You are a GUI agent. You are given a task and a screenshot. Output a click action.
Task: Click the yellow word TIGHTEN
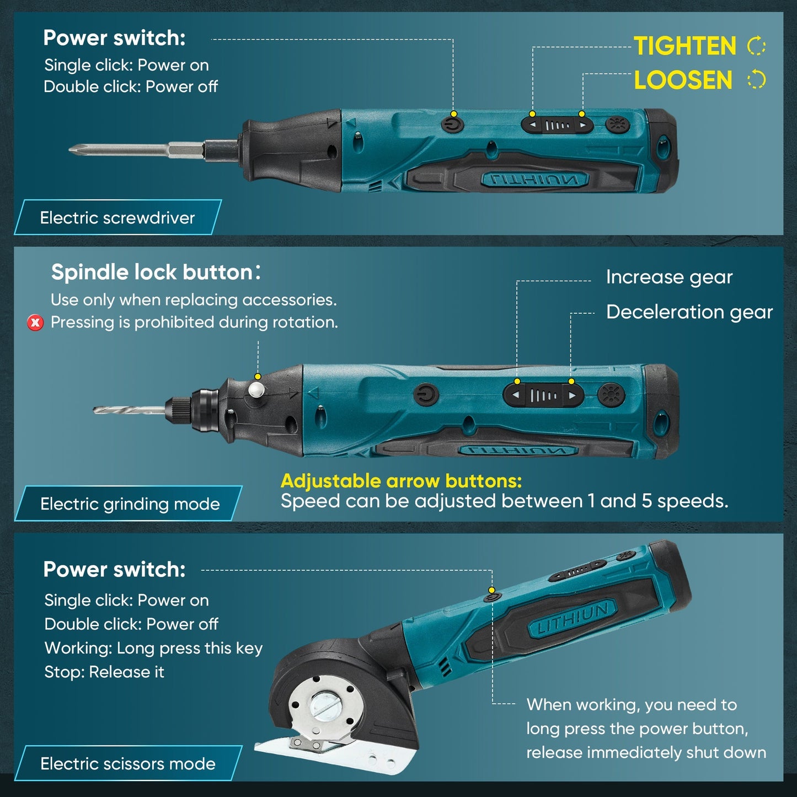click(x=684, y=46)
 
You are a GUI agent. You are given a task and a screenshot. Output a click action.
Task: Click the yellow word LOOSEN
click(x=683, y=81)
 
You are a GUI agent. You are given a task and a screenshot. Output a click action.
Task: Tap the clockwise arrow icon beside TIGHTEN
click(x=756, y=46)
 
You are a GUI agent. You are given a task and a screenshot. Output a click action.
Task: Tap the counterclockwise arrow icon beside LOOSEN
click(x=756, y=80)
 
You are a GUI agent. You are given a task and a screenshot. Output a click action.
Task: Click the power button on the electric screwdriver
click(x=452, y=124)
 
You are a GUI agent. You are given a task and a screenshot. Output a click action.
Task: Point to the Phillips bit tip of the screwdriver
click(x=74, y=149)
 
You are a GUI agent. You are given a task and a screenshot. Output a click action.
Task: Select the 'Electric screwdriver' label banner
click(x=117, y=218)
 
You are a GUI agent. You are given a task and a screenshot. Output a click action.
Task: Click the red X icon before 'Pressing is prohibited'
click(x=35, y=323)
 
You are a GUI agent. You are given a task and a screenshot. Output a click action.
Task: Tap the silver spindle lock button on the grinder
click(x=256, y=390)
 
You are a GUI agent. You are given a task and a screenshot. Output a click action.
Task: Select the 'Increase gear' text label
click(x=669, y=277)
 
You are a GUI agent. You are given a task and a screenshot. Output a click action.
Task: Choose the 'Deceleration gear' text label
click(x=689, y=312)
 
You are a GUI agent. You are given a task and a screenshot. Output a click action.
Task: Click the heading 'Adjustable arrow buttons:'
click(x=401, y=481)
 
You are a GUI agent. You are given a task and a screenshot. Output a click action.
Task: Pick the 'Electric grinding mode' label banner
click(x=130, y=504)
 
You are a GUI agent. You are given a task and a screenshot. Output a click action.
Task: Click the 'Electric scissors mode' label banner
click(x=128, y=764)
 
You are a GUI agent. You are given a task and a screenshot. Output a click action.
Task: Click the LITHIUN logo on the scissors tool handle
click(x=573, y=618)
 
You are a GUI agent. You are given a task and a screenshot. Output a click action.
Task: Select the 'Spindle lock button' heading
click(x=152, y=272)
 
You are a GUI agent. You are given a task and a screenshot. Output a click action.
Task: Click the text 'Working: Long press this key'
click(x=153, y=648)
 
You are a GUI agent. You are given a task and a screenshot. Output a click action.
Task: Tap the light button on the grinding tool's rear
click(x=611, y=395)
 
